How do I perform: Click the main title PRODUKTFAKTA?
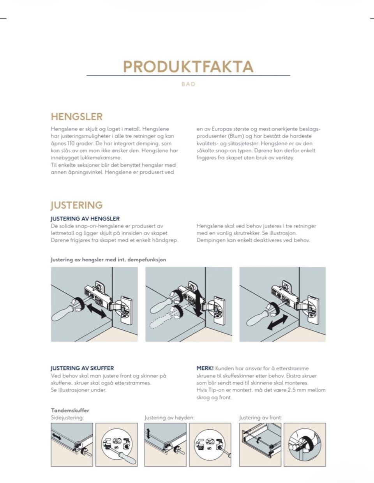[x=188, y=67]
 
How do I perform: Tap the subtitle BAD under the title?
[x=189, y=84]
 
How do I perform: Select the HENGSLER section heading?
[x=77, y=117]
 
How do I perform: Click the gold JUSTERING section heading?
[x=77, y=205]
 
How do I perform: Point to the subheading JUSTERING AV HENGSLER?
[x=85, y=219]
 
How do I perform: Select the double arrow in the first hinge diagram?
[x=97, y=311]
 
